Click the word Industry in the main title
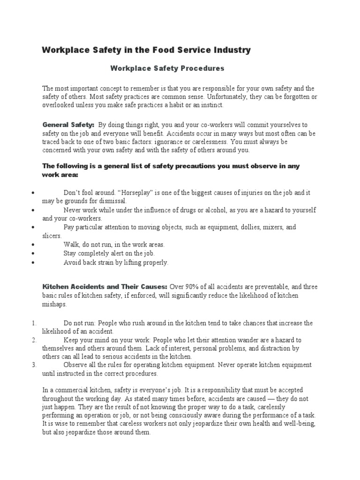point(229,50)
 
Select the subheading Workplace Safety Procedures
point(167,68)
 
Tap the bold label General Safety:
point(68,125)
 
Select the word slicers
point(52,236)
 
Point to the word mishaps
point(54,304)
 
